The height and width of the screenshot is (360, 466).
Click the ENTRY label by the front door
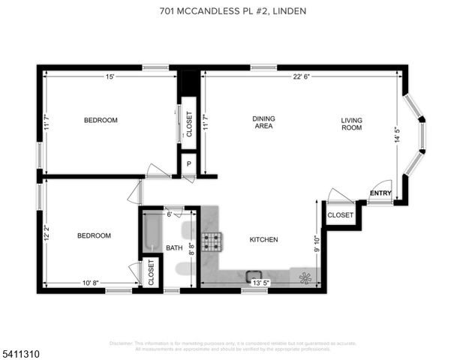click(380, 194)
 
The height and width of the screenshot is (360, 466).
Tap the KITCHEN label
click(263, 240)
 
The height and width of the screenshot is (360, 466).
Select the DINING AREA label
click(263, 122)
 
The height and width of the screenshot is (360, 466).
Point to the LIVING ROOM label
click(351, 124)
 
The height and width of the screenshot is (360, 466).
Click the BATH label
click(174, 247)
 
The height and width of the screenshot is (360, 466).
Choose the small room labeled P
click(188, 163)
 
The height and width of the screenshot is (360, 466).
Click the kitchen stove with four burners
click(212, 241)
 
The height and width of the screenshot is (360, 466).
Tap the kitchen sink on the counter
click(254, 276)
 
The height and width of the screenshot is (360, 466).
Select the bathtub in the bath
click(152, 233)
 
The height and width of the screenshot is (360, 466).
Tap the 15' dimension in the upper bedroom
click(110, 76)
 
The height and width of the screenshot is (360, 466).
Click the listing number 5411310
click(21, 349)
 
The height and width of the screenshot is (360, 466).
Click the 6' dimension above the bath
click(170, 214)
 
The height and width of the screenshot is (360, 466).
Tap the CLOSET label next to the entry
click(341, 215)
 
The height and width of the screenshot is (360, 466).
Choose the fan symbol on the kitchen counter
click(305, 277)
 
